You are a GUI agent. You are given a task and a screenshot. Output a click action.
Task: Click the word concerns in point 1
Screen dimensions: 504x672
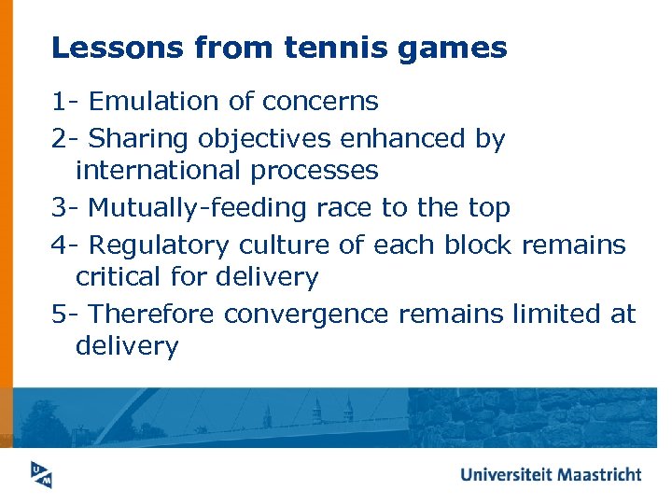(x=320, y=101)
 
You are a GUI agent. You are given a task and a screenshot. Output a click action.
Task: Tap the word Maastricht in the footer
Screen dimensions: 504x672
(x=599, y=474)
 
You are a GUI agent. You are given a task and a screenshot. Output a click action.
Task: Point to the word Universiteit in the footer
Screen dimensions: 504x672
(x=507, y=474)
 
